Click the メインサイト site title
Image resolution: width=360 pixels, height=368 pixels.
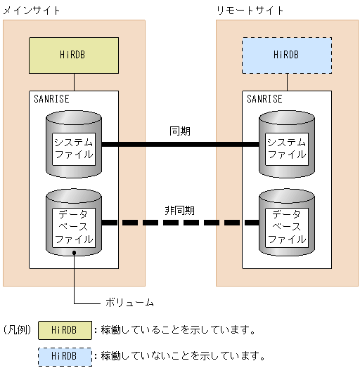32,11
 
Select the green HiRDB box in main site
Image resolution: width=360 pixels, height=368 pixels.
74,55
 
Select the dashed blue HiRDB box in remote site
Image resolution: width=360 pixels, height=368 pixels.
287,55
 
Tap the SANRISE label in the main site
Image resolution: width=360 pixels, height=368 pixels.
51,99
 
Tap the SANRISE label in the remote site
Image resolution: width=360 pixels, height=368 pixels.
264,99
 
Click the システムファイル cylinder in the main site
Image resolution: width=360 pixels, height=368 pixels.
74,146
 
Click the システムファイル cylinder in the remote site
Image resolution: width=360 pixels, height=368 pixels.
287,146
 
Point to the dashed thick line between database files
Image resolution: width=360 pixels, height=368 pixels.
180,223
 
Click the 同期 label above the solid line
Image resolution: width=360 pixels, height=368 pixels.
180,131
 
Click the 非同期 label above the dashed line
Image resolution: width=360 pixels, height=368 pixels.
180,209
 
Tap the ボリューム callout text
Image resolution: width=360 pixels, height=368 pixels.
129,303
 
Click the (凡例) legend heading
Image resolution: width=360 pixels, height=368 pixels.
17,329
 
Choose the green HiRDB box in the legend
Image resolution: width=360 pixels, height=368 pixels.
65,330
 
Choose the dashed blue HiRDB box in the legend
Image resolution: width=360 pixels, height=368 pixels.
65,355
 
